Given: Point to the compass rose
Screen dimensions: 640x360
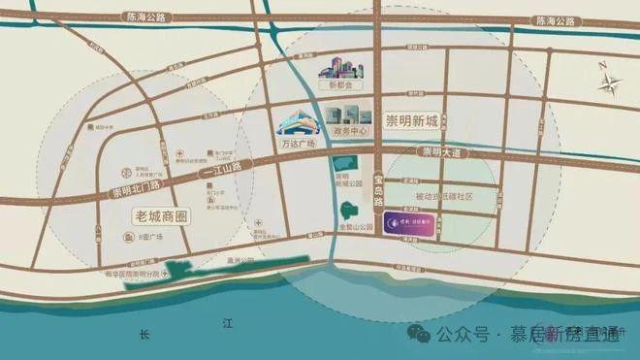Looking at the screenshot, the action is point(609,82).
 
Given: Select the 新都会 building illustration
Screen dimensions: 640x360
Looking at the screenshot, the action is point(341,67).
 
